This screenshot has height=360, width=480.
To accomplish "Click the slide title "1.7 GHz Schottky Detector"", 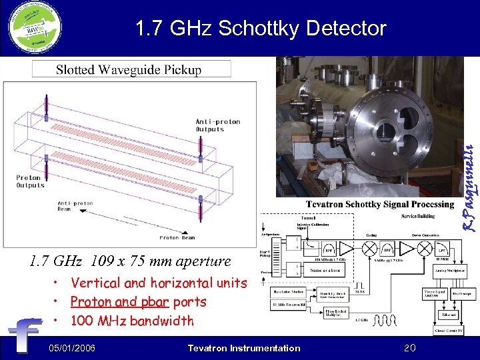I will (260, 29).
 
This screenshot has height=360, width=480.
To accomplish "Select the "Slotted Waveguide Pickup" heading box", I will (132, 69).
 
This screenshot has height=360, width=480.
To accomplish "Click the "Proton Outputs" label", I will (31, 181).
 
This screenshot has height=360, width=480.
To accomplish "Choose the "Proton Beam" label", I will (177, 237).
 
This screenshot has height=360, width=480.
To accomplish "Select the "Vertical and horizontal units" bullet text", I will (158, 283).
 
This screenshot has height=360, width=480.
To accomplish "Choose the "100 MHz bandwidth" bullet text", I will (132, 321).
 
